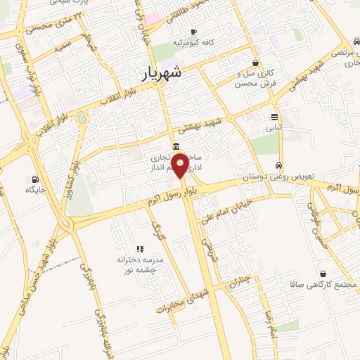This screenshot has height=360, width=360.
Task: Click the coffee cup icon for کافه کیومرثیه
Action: tap(193, 32)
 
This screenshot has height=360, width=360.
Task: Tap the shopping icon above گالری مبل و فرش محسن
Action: tap(255, 63)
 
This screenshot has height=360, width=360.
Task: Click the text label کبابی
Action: tap(274, 128)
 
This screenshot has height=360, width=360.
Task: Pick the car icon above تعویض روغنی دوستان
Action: tap(278, 166)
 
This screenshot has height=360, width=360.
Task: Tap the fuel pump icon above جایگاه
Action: tap(35, 179)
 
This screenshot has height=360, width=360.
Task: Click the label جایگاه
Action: tap(35, 190)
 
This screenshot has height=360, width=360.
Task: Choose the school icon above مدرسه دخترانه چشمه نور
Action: tap(140, 248)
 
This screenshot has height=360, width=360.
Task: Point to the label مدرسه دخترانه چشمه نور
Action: tap(140, 264)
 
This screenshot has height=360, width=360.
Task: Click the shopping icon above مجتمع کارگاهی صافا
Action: tap(322, 274)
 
